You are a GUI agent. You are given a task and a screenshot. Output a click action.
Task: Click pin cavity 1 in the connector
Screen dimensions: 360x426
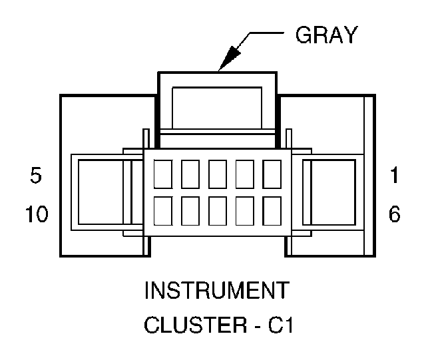272,174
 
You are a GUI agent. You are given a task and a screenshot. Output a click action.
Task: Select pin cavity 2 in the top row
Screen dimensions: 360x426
245,174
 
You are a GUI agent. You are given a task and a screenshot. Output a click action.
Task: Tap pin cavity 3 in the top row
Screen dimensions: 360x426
218,174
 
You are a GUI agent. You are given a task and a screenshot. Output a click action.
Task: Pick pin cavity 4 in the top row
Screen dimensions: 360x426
191,174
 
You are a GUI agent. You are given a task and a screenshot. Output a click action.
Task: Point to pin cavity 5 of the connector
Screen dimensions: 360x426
164,174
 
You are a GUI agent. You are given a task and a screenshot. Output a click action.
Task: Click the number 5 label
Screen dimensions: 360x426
37,177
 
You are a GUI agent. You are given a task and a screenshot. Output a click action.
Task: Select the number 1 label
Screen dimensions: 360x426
394,177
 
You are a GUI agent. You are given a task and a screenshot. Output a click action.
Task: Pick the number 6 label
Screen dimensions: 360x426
394,216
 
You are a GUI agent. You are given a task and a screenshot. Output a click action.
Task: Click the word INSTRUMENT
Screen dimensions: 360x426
217,291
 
